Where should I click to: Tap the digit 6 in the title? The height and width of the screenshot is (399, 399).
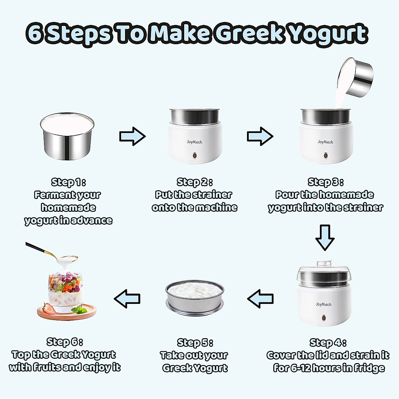pos(35,33)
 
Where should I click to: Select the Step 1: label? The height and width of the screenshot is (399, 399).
pos(68,182)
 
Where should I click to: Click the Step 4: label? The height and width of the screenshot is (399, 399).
pos(328,342)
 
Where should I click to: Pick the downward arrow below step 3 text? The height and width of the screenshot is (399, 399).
pos(325,237)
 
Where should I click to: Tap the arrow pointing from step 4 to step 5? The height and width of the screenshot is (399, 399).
pos(261,299)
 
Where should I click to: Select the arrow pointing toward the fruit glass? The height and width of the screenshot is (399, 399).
pos(127,299)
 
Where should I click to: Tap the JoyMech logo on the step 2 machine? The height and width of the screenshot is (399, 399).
pos(195,142)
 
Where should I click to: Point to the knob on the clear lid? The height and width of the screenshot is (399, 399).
pos(324,263)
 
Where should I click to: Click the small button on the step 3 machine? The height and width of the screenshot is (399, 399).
pos(326,155)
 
